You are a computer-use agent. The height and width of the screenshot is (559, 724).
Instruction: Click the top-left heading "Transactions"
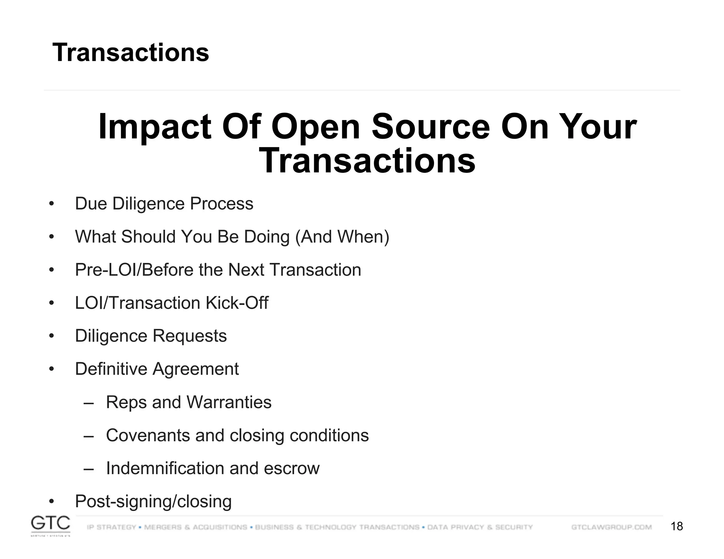[x=131, y=52]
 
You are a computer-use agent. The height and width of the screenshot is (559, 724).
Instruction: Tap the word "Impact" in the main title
[x=154, y=127]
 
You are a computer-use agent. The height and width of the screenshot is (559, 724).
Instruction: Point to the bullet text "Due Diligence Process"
[x=164, y=204]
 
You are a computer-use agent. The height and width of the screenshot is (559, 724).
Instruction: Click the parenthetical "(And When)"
[x=342, y=237]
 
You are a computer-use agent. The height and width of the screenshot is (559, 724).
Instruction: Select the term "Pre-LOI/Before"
[x=134, y=270]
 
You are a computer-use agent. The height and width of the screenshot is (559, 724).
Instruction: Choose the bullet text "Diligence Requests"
[x=151, y=336]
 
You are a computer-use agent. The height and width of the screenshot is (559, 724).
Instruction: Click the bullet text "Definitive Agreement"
[x=157, y=369]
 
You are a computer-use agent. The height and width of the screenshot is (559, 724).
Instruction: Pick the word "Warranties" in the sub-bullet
[x=229, y=402]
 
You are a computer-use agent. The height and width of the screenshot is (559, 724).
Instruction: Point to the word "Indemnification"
[x=165, y=468]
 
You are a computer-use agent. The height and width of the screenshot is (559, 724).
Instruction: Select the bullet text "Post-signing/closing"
[x=153, y=501]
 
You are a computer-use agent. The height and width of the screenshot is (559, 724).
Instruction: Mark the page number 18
[x=677, y=526]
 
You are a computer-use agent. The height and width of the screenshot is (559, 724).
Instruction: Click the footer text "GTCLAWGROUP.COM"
[x=611, y=527]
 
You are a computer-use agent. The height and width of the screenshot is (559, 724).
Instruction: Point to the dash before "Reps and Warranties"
[x=89, y=402]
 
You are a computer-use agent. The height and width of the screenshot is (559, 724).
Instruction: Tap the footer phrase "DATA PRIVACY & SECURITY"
[x=480, y=527]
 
